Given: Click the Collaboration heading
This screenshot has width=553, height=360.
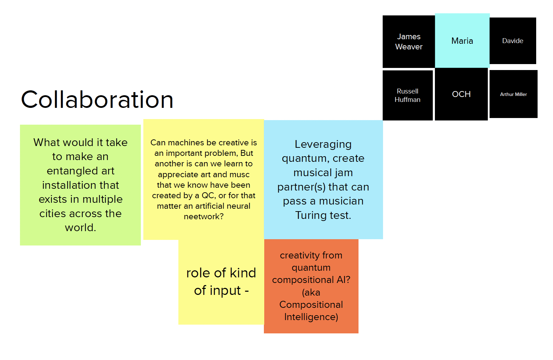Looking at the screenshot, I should click(x=97, y=100).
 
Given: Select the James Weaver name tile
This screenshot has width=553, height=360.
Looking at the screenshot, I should click(x=409, y=42).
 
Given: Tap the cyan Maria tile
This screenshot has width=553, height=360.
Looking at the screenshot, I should click(x=462, y=41).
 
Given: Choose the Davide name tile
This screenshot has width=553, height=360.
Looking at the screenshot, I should click(x=512, y=41).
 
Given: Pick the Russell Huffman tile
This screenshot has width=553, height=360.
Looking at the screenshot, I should click(x=407, y=95).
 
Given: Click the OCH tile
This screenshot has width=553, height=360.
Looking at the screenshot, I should click(x=461, y=94).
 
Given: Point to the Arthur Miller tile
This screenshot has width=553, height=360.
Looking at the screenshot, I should click(x=513, y=94).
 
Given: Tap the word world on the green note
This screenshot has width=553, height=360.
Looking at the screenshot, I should click(x=80, y=228).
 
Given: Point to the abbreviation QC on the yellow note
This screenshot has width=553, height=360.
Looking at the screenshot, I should click(x=209, y=195).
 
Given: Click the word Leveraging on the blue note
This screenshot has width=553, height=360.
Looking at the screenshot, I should click(x=323, y=144).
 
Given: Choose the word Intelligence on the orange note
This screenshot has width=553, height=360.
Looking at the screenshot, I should click(x=311, y=317).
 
